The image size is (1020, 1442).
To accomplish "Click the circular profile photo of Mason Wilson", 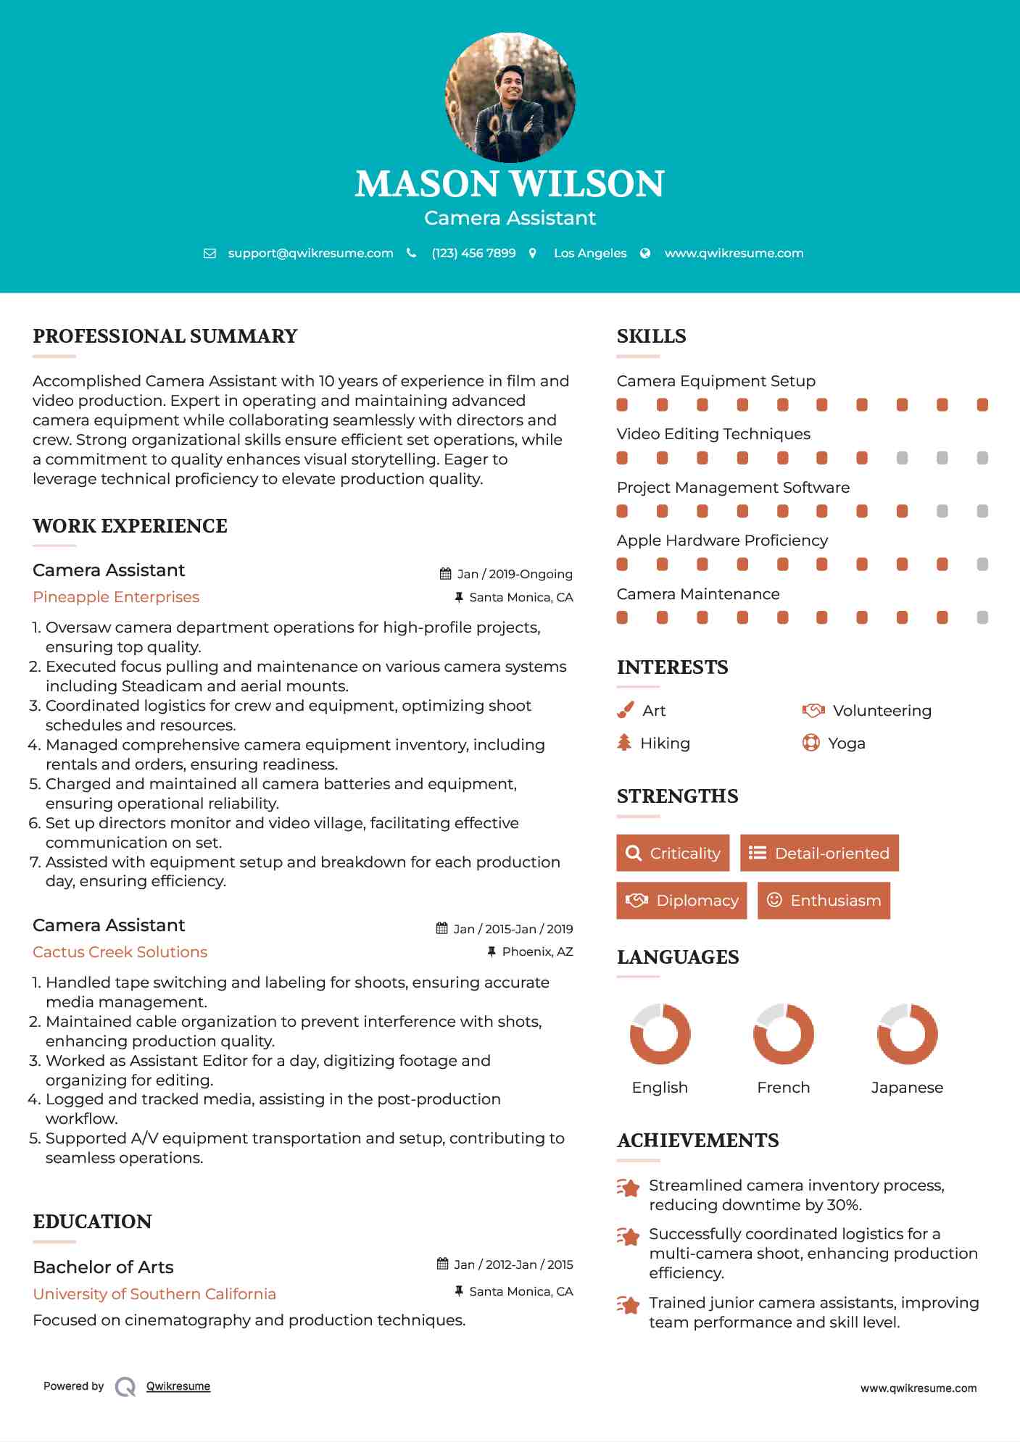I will point(510,97).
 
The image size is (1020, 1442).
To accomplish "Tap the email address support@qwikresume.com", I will point(310,254).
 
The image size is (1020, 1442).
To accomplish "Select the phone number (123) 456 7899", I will point(473,254).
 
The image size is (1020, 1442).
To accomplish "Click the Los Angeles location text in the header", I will point(590,254).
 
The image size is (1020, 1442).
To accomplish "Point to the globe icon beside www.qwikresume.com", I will point(645,254).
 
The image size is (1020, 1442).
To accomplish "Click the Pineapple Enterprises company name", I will point(116,597).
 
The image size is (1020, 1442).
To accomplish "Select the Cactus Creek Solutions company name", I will point(120,952).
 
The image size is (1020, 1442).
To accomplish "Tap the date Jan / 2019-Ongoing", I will point(515,574).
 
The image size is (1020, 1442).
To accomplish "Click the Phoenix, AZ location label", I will point(537,951).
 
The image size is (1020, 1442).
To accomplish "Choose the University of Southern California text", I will point(154,1294).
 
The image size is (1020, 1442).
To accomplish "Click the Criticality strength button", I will point(673,853).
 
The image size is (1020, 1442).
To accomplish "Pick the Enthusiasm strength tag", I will point(824,901).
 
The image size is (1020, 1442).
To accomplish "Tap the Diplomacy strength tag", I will point(681,901).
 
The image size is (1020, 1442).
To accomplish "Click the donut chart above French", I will point(784,1034).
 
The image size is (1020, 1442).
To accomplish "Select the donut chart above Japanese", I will point(907,1034).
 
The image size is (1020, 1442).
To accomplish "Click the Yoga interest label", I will point(847,743).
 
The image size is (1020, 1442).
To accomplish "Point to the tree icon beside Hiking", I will point(624,743).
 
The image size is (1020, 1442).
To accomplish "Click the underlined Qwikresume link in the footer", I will point(178,1386).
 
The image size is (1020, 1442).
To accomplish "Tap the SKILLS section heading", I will point(651,336).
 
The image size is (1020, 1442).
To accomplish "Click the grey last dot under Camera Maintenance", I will point(982,617).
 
